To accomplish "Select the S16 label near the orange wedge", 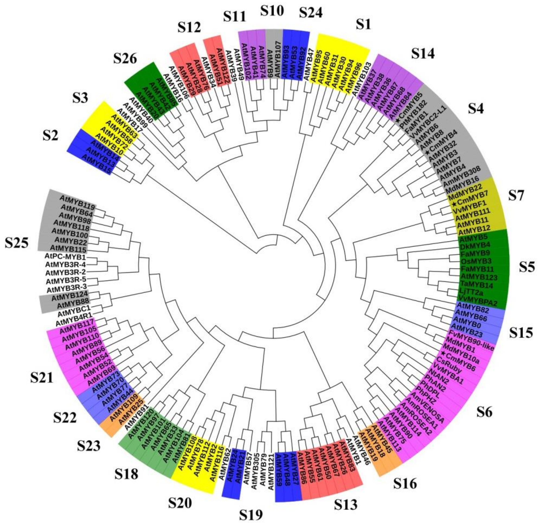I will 405,483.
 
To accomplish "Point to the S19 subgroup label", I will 251,515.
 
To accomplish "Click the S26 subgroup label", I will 125,59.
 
